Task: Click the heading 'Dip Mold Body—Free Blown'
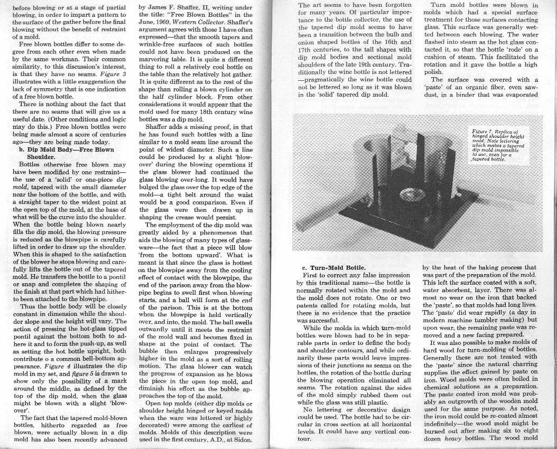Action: click(x=66, y=149)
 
